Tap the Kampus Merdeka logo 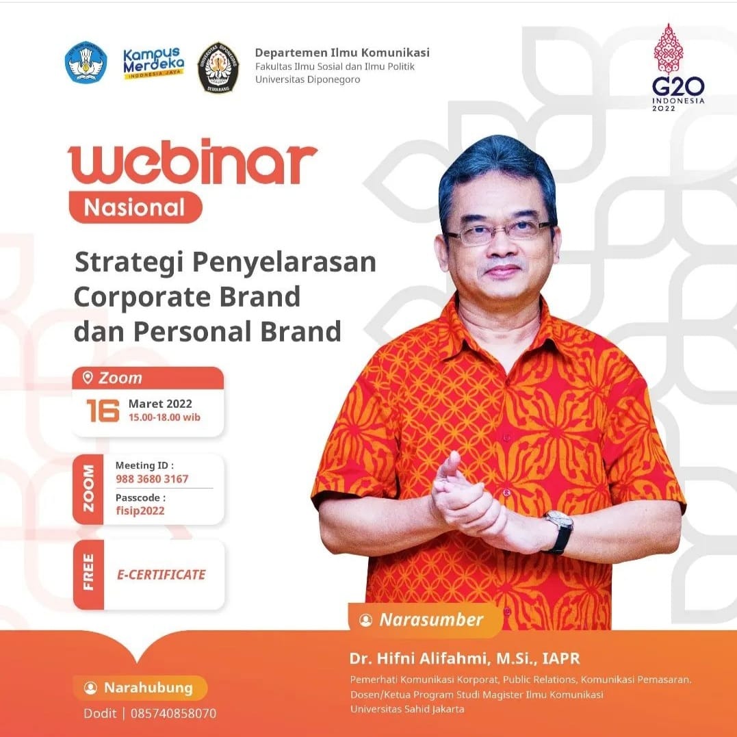[x=153, y=63]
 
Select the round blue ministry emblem [x=86, y=63]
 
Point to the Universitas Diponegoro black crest [x=218, y=67]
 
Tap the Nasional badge [x=135, y=207]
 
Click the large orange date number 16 [x=103, y=411]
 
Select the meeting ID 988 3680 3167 [x=152, y=479]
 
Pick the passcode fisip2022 [x=140, y=510]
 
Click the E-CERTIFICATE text [x=161, y=575]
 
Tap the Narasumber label [x=431, y=620]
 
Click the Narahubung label [x=148, y=688]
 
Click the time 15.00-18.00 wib [x=164, y=417]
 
